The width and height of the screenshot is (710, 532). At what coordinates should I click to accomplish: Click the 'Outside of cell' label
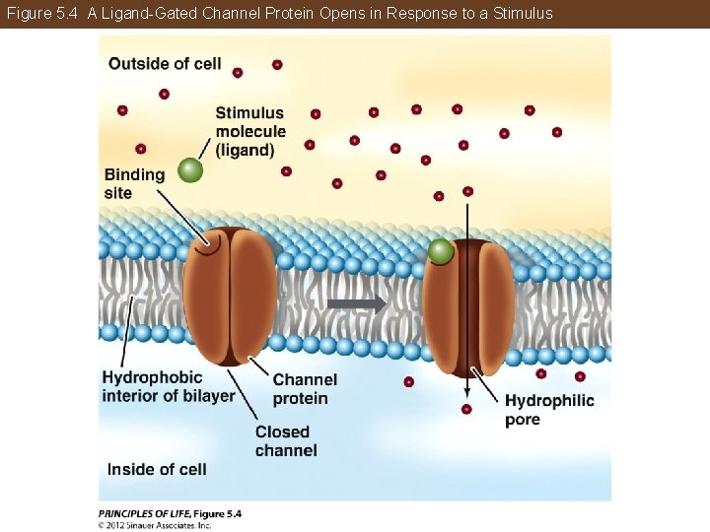click(x=165, y=64)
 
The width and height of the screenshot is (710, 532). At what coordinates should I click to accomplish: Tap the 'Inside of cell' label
click(x=157, y=469)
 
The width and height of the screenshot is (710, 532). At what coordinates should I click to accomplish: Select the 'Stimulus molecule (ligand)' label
click(x=250, y=132)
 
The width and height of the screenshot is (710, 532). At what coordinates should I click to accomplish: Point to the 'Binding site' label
click(x=134, y=183)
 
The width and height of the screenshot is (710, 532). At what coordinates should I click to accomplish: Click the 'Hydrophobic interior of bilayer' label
click(x=168, y=386)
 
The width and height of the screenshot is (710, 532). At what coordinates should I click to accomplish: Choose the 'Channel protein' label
click(x=305, y=389)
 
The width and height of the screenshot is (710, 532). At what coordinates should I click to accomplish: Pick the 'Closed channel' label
click(x=286, y=441)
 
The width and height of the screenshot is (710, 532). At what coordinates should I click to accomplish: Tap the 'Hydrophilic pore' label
click(x=549, y=410)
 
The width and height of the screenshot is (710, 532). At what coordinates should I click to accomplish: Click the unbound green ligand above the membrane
click(x=191, y=171)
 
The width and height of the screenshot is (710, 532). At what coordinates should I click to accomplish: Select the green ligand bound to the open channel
click(x=441, y=252)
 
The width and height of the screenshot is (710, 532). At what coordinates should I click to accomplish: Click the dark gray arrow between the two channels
click(x=356, y=304)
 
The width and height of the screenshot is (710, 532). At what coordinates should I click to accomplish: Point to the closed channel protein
click(x=230, y=296)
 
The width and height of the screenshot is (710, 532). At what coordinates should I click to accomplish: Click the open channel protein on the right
click(x=468, y=305)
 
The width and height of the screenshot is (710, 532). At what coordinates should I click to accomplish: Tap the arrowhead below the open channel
click(x=466, y=389)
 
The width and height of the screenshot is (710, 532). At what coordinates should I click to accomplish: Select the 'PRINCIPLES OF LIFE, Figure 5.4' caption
click(x=170, y=513)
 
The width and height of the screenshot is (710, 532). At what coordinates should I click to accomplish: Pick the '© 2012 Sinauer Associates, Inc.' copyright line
click(x=155, y=525)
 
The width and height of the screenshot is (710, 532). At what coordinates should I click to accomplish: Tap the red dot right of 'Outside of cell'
click(x=238, y=72)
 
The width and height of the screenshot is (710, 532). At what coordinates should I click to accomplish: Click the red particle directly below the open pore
click(x=466, y=409)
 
